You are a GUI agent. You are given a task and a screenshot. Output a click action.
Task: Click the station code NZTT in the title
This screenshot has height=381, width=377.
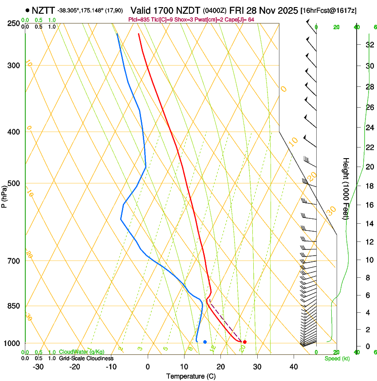point(43,10)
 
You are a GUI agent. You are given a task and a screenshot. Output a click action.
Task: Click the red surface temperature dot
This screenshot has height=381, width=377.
point(245,342)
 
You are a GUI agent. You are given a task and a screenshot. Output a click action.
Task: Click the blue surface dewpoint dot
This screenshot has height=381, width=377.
point(205,342)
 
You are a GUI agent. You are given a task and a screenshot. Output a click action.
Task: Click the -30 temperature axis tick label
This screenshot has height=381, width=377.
point(38,366)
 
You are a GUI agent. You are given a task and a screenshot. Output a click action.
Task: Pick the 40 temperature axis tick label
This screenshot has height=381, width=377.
point(294,366)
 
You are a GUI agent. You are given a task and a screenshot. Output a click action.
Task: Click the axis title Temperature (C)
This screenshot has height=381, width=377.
point(192,377)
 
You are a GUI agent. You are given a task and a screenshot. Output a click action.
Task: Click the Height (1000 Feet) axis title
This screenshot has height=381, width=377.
point(346,188)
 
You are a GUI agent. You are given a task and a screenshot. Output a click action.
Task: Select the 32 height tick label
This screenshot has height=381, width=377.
point(369,44)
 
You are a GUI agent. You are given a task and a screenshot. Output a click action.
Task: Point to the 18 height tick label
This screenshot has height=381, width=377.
point(369,186)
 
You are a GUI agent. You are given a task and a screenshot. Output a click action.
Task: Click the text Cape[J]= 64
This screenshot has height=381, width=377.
point(241,19)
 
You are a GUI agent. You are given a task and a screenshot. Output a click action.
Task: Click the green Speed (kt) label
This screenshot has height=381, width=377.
point(337,358)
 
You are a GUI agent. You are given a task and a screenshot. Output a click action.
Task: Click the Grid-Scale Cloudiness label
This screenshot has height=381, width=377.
point(86,358)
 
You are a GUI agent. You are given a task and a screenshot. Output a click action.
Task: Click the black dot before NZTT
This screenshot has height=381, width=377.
point(27,10)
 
